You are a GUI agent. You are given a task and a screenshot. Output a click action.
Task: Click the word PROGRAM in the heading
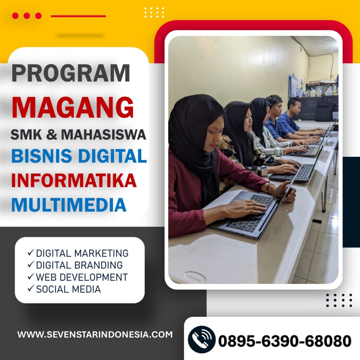pyautogui.click(x=71, y=73)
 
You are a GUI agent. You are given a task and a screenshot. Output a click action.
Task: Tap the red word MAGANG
pyautogui.click(x=72, y=108)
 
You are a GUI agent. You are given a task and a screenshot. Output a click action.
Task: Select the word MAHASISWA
pyautogui.click(x=104, y=135)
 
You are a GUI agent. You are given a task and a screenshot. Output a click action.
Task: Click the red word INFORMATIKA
pyautogui.click(x=74, y=180)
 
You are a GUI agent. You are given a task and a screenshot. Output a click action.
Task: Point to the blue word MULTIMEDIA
pyautogui.click(x=69, y=205)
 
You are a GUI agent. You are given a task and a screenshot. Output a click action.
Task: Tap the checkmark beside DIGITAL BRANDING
pyautogui.click(x=31, y=264)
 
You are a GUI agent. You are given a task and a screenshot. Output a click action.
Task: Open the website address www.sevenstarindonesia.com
pyautogui.click(x=95, y=334)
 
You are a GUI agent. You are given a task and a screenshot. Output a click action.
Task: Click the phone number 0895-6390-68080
pyautogui.click(x=285, y=341)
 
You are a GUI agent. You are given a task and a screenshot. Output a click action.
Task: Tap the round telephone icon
pyautogui.click(x=201, y=339)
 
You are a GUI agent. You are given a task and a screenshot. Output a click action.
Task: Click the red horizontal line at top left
pyautogui.click(x=78, y=16)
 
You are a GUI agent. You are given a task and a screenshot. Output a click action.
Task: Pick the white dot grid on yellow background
pyautogui.click(x=154, y=12)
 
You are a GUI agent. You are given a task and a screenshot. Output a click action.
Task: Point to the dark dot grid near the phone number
pyautogui.click(x=339, y=300)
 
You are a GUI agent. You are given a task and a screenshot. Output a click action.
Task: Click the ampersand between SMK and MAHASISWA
pyautogui.click(x=51, y=135)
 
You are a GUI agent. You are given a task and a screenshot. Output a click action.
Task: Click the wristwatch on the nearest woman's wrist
pyautogui.click(x=269, y=187)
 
